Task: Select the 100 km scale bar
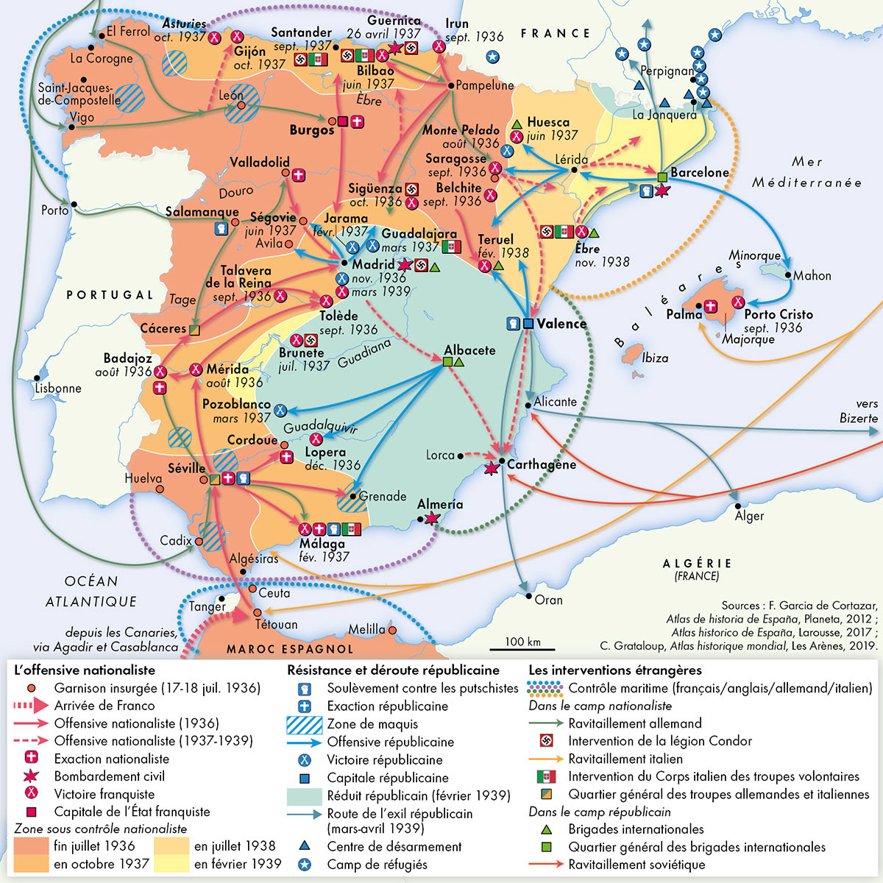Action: click(523, 650)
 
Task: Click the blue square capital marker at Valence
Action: click(528, 324)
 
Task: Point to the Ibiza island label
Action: click(654, 358)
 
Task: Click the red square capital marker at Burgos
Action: click(342, 122)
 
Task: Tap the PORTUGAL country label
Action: click(110, 294)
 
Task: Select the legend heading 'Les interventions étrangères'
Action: click(614, 670)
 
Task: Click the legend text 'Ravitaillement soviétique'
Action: click(636, 865)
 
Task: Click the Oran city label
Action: click(548, 600)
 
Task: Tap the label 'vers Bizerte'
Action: click(859, 411)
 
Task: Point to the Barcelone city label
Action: click(699, 172)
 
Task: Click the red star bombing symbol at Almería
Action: click(431, 519)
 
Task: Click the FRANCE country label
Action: click(555, 33)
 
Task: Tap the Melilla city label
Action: click(366, 629)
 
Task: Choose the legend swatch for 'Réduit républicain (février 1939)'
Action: click(304, 795)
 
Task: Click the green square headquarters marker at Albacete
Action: click(447, 362)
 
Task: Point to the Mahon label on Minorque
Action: click(812, 275)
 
